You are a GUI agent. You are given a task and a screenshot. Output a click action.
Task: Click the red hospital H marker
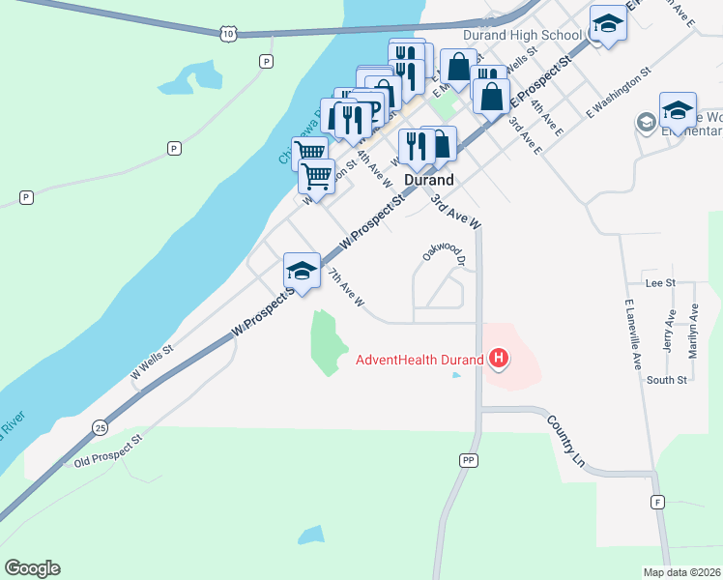(x=499, y=361)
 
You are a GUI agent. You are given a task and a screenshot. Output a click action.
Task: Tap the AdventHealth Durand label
(x=419, y=361)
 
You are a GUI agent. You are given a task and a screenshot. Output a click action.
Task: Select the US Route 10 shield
(x=227, y=34)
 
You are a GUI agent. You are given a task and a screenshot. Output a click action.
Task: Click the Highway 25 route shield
(x=101, y=426)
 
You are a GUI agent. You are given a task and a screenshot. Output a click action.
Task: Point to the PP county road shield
(x=469, y=460)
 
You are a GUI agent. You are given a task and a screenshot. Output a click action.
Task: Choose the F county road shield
(x=657, y=502)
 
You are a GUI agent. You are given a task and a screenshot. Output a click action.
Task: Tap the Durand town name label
(x=428, y=180)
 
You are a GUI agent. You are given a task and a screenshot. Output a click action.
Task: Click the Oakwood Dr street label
(x=446, y=252)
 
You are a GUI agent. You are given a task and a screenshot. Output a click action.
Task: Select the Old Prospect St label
(x=107, y=451)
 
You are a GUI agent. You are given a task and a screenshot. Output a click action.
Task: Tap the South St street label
(x=667, y=380)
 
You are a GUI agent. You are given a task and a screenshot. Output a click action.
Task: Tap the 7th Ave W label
(x=346, y=289)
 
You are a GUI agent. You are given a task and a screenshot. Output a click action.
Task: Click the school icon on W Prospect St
(x=302, y=270)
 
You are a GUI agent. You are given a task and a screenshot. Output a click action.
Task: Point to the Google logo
(x=32, y=568)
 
